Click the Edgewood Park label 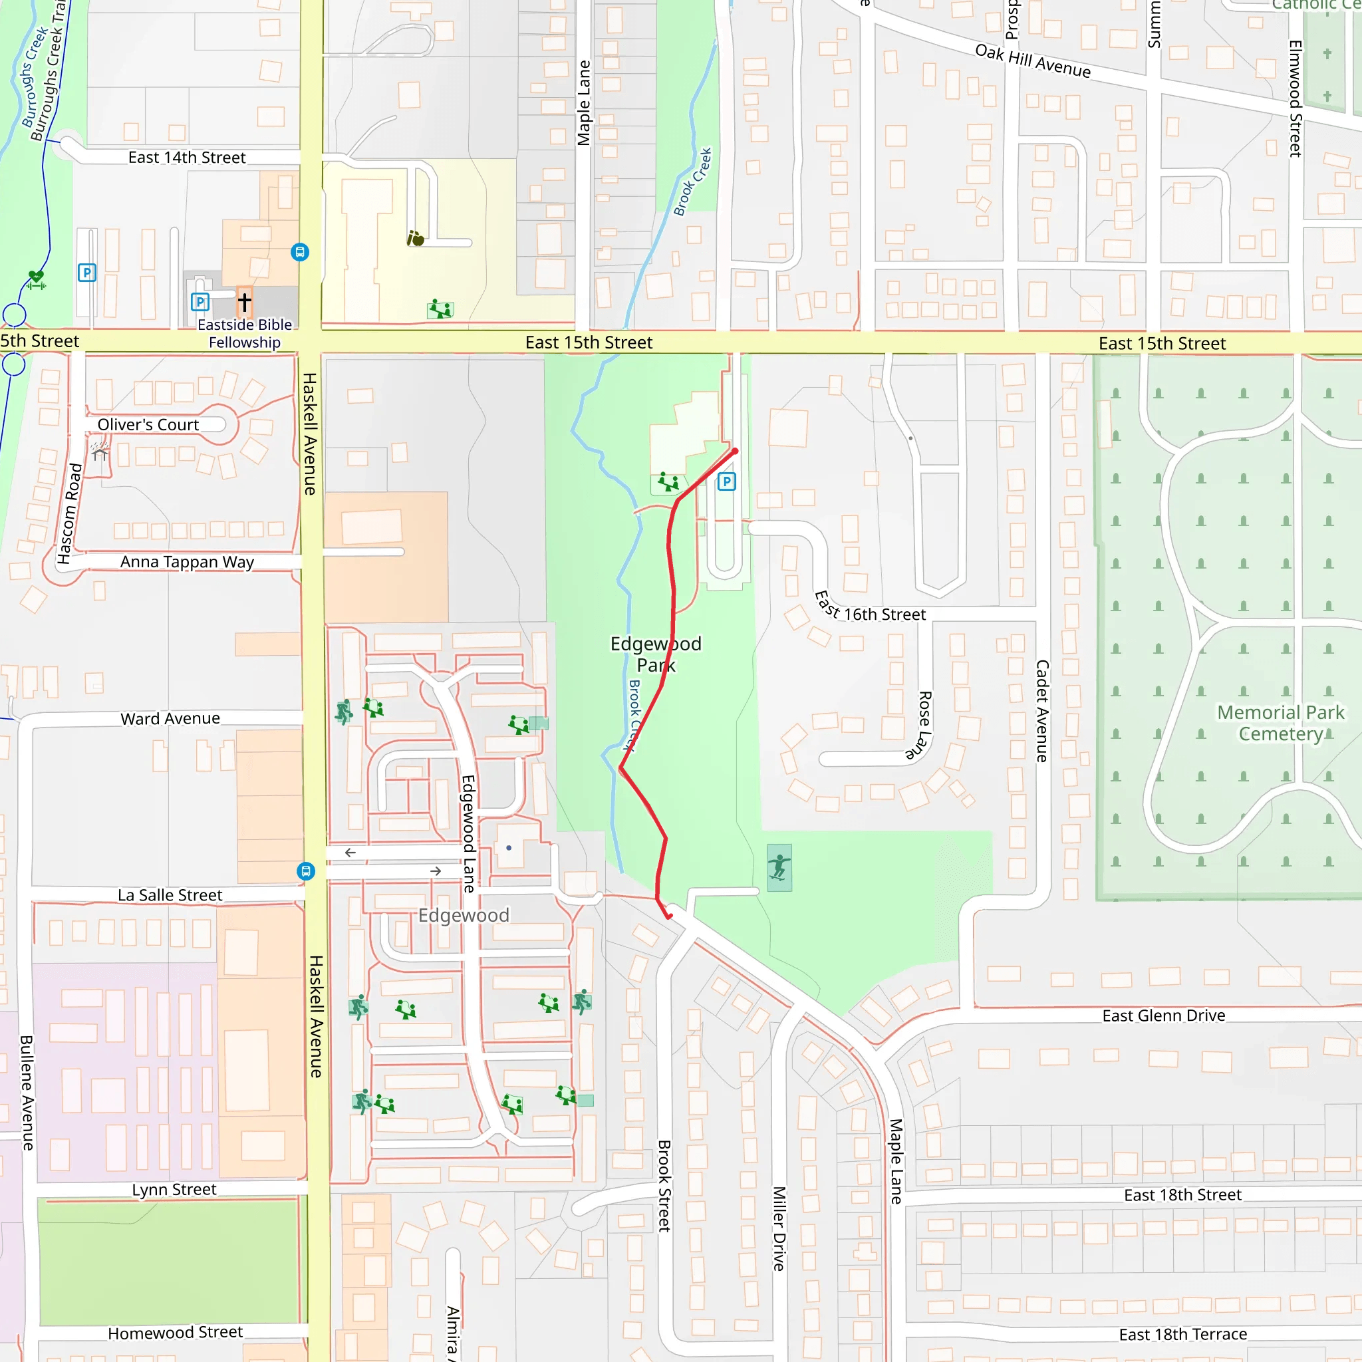656,654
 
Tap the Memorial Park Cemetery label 1280,723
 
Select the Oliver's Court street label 148,424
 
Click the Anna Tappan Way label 187,562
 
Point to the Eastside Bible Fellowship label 245,333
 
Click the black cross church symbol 245,302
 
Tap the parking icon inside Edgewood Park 726,482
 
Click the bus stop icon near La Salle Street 305,871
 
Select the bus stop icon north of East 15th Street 300,252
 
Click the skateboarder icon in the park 779,867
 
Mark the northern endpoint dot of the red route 735,451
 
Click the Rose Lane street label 924,725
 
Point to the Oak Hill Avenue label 1032,61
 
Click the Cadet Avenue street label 1042,711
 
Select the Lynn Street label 174,1189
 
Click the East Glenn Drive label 1163,1015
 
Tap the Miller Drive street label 778,1228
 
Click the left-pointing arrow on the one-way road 350,853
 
